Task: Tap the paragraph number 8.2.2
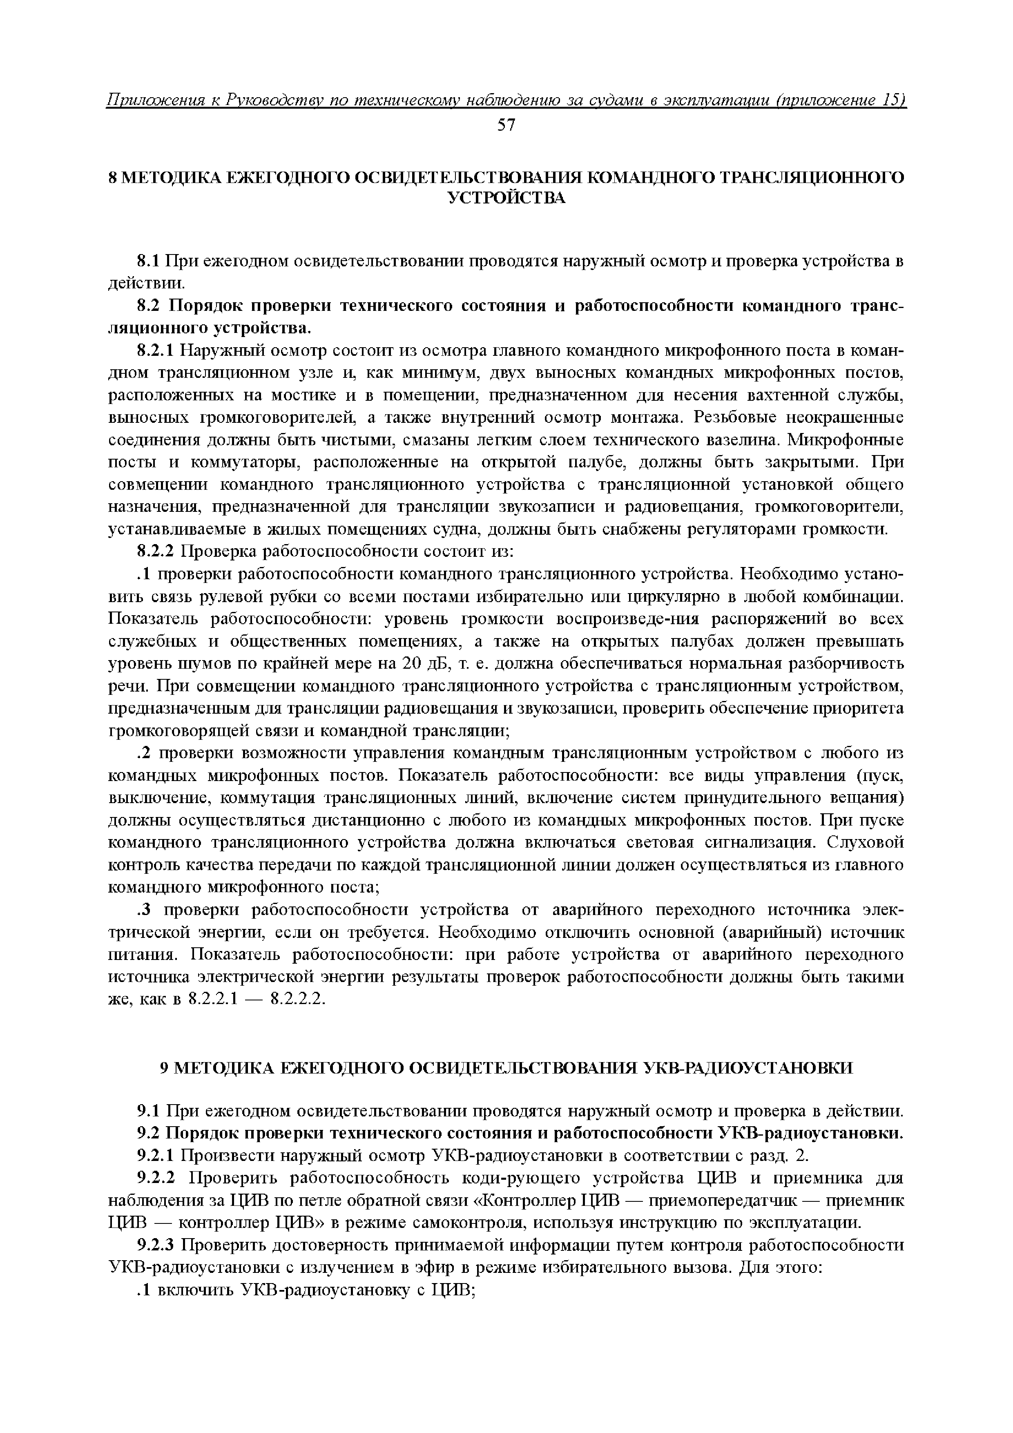[x=157, y=552]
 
